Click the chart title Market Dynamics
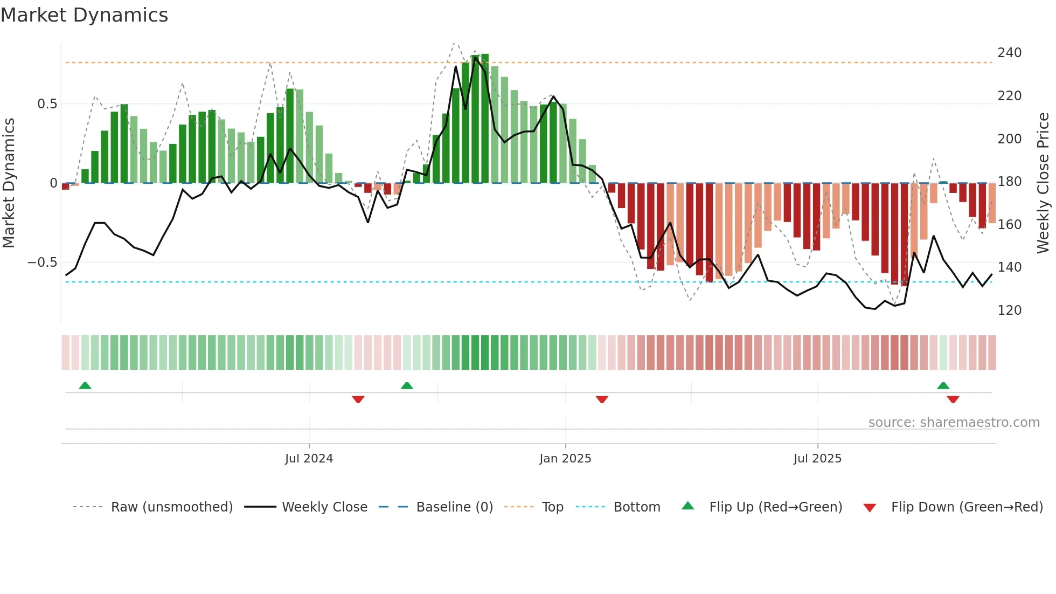[x=85, y=15]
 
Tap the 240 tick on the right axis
[x=1009, y=53]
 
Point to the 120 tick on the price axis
[x=1009, y=310]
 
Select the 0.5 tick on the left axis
[x=47, y=104]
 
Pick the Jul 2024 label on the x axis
[x=309, y=459]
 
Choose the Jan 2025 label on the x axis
[x=565, y=459]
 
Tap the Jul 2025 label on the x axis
[x=817, y=459]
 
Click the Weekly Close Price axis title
[x=1043, y=183]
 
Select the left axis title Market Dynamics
[x=9, y=183]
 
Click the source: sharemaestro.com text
[x=954, y=423]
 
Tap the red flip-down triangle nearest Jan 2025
[x=602, y=399]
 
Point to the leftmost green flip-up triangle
[x=85, y=385]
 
